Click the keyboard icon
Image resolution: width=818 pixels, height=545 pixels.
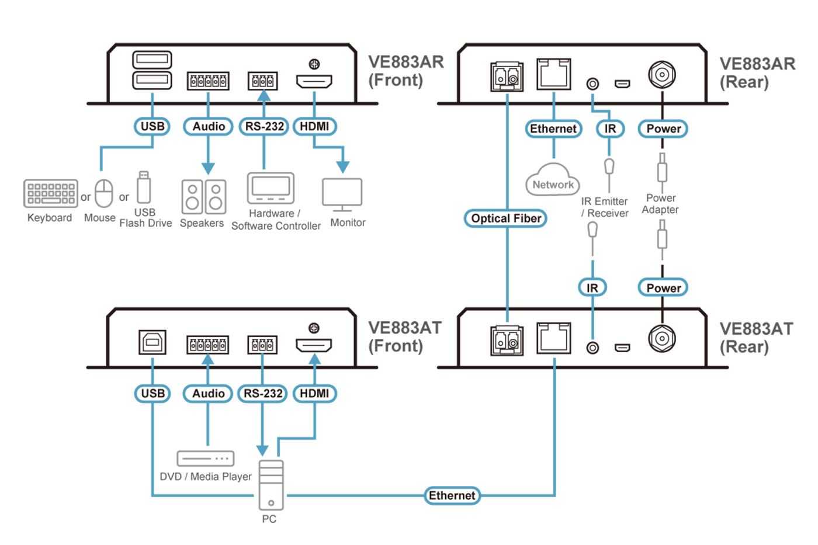click(x=51, y=193)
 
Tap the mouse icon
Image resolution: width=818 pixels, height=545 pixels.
click(x=104, y=193)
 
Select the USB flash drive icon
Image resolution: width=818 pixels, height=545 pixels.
click(x=144, y=187)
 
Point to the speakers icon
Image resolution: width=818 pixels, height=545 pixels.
click(x=203, y=196)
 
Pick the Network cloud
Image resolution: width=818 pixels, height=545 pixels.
click(x=553, y=182)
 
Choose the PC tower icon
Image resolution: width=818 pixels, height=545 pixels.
click(x=271, y=485)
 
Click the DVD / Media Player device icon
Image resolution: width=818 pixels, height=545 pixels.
click(x=205, y=459)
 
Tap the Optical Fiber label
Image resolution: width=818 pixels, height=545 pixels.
click(x=506, y=218)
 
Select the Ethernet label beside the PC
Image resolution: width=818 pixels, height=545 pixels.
click(x=452, y=496)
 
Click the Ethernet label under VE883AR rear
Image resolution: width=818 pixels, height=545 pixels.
click(x=553, y=129)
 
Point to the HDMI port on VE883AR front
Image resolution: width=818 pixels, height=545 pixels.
click(x=314, y=81)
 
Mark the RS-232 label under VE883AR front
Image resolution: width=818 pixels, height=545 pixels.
click(x=264, y=126)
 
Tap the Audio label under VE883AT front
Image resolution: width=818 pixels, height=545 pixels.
click(x=208, y=394)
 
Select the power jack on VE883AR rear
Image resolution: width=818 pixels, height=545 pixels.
click(x=662, y=75)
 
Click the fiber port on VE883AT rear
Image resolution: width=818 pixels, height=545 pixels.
click(x=507, y=340)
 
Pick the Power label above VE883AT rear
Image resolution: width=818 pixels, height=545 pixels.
click(x=663, y=287)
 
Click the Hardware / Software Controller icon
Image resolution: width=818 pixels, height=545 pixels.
click(x=271, y=188)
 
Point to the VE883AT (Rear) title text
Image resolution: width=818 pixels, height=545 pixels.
click(x=756, y=338)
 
